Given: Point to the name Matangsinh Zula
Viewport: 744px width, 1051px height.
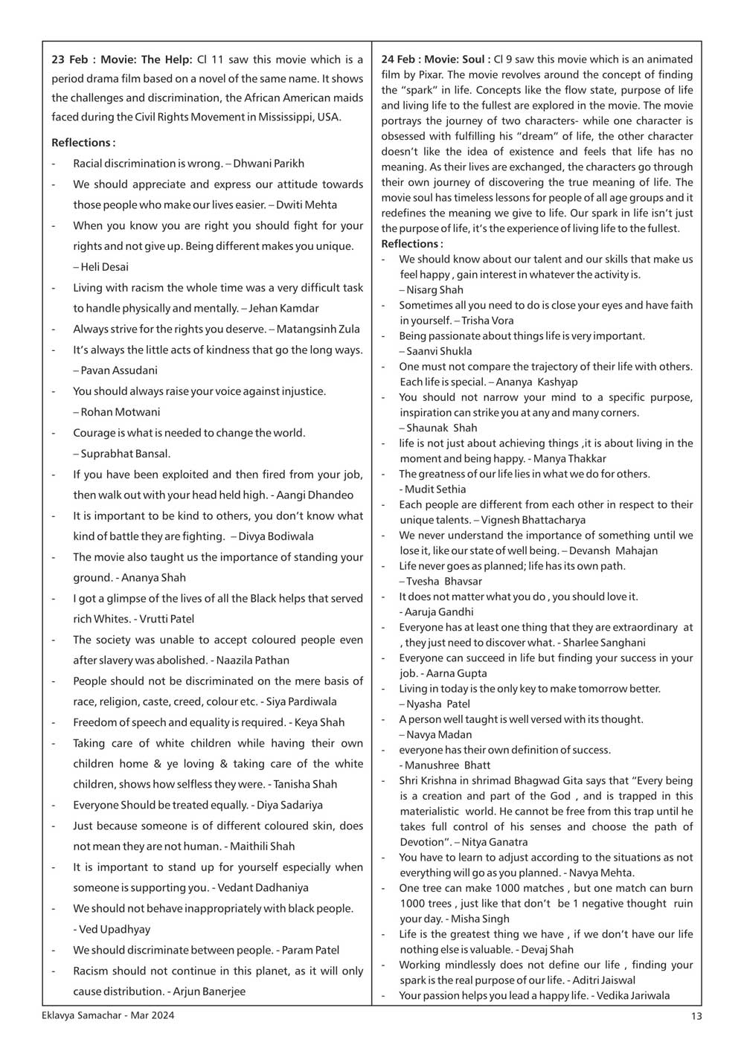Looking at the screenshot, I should [x=318, y=329].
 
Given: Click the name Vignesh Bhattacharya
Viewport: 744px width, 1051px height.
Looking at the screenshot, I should [x=533, y=520].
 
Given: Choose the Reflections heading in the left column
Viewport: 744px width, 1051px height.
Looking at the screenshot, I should [x=83, y=142].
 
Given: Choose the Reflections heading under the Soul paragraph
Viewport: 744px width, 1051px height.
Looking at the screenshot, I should [x=411, y=244].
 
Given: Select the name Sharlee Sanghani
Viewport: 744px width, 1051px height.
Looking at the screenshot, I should [x=604, y=643].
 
